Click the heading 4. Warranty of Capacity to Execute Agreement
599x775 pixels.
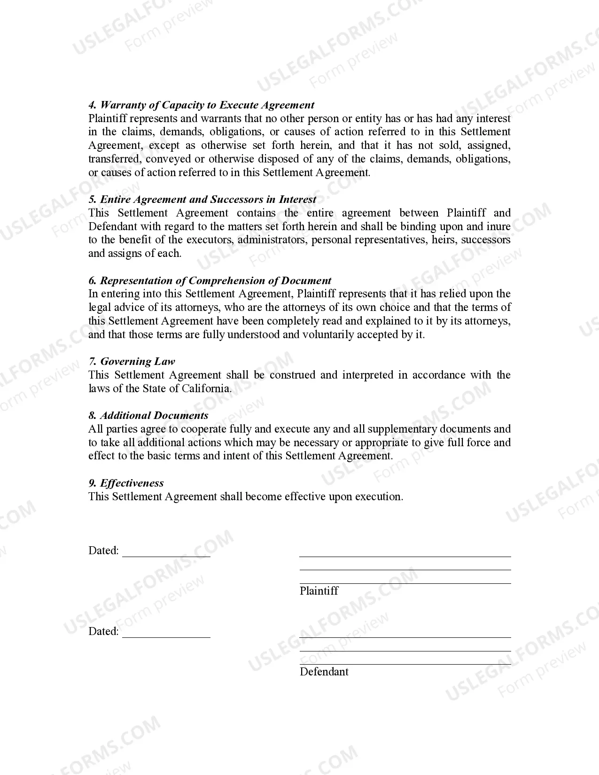click(x=201, y=105)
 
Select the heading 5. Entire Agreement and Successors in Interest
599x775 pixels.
click(x=202, y=199)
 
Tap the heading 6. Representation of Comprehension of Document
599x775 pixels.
click(x=210, y=280)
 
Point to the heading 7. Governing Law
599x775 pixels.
click(x=132, y=361)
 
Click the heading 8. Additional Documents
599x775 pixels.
click(x=148, y=415)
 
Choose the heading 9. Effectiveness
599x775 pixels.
click(x=126, y=483)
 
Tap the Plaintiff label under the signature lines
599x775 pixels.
click(x=319, y=591)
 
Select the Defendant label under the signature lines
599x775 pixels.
click(x=324, y=672)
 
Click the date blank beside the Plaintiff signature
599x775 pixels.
click(x=166, y=553)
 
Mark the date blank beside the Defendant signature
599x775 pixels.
click(x=166, y=634)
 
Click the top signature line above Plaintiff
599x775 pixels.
click(x=405, y=556)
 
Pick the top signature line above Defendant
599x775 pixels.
click(x=405, y=637)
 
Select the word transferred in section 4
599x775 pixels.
click(x=115, y=159)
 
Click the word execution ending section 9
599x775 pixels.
click(x=379, y=496)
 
